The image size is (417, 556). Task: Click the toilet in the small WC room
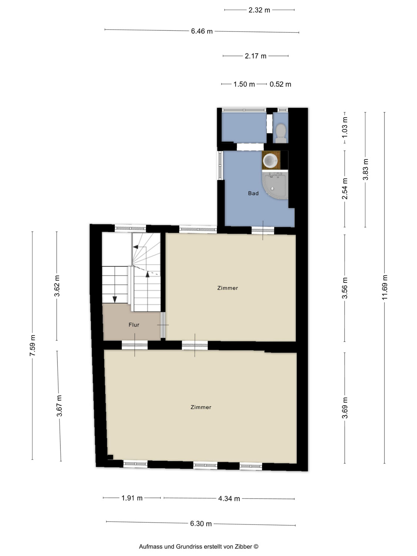pyautogui.click(x=281, y=133)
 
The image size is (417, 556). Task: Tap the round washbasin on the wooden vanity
pyautogui.click(x=271, y=160)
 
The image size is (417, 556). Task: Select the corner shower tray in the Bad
pyautogui.click(x=275, y=185)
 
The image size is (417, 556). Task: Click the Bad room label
pyautogui.click(x=253, y=193)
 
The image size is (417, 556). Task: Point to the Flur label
pyautogui.click(x=134, y=325)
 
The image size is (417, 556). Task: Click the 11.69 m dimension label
pyautogui.click(x=385, y=287)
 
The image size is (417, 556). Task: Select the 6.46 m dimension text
pyautogui.click(x=202, y=31)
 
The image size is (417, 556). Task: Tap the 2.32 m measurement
pyautogui.click(x=259, y=10)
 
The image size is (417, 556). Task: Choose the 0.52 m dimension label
pyautogui.click(x=280, y=84)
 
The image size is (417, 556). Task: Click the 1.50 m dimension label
pyautogui.click(x=244, y=84)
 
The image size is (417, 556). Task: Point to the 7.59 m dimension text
pyautogui.click(x=32, y=345)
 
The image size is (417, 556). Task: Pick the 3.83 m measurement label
pyautogui.click(x=365, y=169)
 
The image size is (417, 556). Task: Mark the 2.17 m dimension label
pyautogui.click(x=255, y=56)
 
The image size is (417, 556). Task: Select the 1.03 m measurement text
pyautogui.click(x=345, y=128)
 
